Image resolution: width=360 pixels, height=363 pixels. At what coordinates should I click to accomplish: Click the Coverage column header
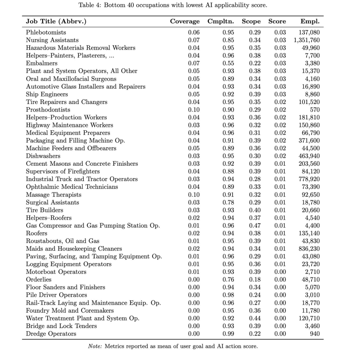(x=185, y=21)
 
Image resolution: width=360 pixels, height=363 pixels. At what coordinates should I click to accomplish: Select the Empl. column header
(x=310, y=21)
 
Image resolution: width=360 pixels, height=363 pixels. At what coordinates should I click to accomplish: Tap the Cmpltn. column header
(x=220, y=21)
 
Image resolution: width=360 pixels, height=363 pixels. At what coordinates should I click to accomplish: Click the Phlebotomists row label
(x=46, y=32)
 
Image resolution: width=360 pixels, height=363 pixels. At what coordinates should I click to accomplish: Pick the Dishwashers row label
(x=43, y=156)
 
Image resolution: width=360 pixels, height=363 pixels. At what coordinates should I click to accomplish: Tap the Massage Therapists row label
(x=53, y=195)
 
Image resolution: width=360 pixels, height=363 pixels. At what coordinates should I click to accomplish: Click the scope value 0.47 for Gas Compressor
(x=255, y=226)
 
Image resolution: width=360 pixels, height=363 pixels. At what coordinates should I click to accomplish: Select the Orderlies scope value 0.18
(x=255, y=280)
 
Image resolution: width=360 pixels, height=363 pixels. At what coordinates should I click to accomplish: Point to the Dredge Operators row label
(x=51, y=334)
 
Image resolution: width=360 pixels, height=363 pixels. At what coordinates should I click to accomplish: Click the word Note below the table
(x=95, y=346)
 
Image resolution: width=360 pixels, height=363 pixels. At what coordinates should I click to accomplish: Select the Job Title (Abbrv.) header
(x=56, y=21)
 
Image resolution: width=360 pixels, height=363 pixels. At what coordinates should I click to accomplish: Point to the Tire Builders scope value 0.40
(x=255, y=210)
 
